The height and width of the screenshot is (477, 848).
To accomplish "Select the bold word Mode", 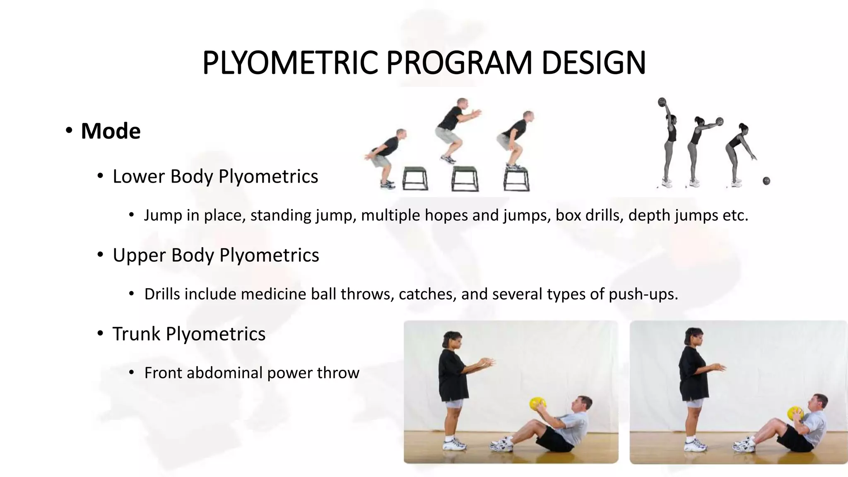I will [x=111, y=131].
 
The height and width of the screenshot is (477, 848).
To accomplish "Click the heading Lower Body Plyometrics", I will [x=215, y=176].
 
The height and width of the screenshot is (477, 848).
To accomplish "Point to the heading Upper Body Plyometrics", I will [x=215, y=255].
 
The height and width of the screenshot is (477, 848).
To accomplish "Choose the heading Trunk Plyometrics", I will [x=188, y=334].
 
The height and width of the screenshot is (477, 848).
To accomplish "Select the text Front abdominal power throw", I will [x=251, y=373].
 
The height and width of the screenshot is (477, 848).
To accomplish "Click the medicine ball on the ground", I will [x=766, y=181].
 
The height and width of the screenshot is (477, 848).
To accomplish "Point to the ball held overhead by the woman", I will [x=662, y=102].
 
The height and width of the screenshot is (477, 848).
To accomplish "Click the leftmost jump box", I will [x=415, y=178].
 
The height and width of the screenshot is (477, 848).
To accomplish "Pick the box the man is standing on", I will [x=516, y=179].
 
